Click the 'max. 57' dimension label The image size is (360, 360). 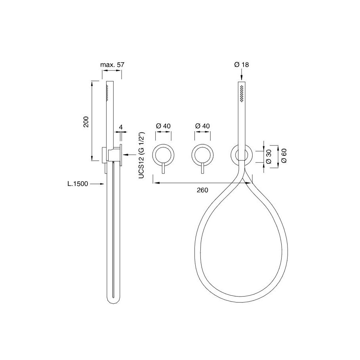112,65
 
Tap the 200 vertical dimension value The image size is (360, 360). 86,122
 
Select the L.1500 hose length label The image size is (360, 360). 78,184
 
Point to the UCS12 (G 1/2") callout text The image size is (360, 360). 141,155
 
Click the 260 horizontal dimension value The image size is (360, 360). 202,190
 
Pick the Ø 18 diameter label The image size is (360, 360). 242,65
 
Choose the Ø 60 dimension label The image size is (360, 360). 284,156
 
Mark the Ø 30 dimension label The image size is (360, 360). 269,157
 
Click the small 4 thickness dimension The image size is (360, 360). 121,127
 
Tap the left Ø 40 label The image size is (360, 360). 163,126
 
